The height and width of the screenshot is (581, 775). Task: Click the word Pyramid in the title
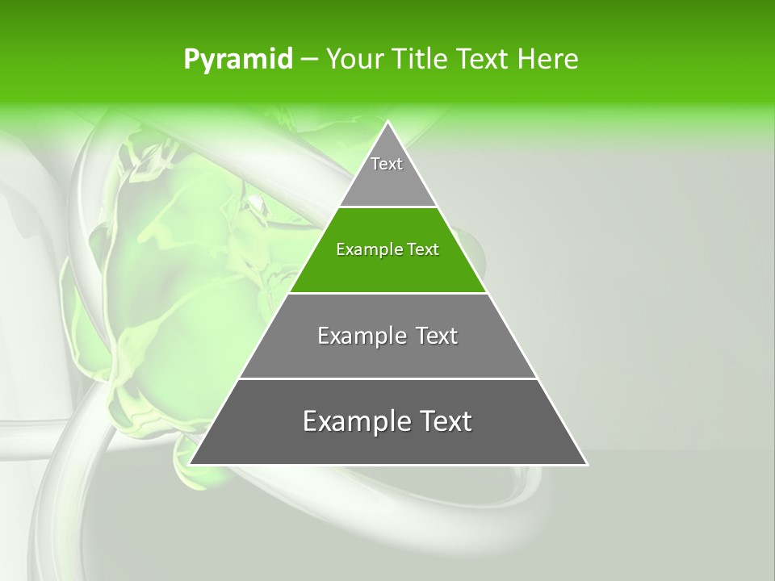[238, 60]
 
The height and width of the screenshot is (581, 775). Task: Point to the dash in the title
[308, 60]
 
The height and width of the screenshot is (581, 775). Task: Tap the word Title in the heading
[421, 60]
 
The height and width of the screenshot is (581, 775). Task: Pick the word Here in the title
[549, 60]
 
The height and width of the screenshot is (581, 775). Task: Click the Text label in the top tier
[387, 164]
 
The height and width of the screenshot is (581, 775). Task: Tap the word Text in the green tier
[424, 249]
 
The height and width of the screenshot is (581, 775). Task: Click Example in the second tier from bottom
[359, 336]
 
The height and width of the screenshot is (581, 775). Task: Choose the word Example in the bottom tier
[351, 421]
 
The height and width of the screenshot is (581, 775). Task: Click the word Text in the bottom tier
[441, 421]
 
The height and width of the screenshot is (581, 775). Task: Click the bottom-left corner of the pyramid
[191, 464]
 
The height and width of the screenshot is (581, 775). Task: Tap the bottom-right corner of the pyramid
[586, 464]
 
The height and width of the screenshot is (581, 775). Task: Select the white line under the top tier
[387, 207]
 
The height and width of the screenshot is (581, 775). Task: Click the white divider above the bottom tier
[387, 378]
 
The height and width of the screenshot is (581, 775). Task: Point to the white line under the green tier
[387, 293]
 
